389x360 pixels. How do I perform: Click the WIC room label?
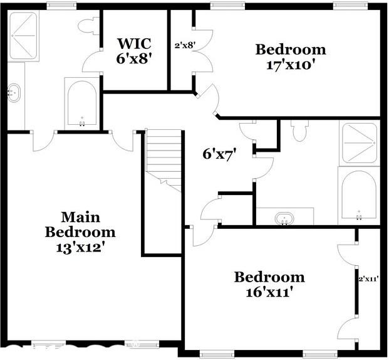(x=133, y=44)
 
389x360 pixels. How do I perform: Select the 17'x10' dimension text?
(x=290, y=64)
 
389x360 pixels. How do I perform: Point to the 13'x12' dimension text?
(x=80, y=247)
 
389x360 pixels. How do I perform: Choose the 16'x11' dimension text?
(x=269, y=292)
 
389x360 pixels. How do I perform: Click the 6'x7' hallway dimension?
(x=219, y=153)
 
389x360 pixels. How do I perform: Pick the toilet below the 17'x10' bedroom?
(x=299, y=130)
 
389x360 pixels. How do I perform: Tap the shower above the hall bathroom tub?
(x=358, y=144)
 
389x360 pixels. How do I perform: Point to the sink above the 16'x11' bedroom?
(x=285, y=218)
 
